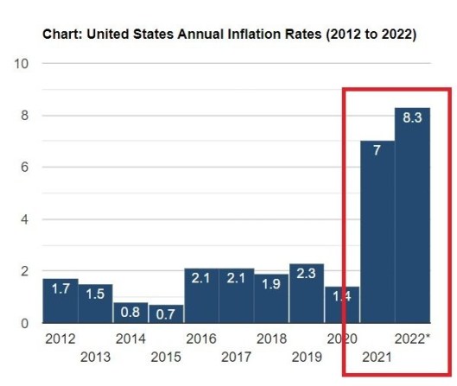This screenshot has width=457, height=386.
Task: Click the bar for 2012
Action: click(60, 301)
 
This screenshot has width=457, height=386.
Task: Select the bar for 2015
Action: click(166, 313)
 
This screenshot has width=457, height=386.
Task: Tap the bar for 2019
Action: click(307, 294)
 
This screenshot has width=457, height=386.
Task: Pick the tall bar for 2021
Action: click(377, 231)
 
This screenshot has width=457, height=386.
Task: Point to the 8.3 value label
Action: click(412, 119)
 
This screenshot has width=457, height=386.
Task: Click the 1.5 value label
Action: click(95, 293)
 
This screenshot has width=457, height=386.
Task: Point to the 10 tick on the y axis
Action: click(22, 64)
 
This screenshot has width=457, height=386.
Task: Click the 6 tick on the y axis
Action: click(26, 168)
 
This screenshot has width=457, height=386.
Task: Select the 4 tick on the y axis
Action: click(26, 219)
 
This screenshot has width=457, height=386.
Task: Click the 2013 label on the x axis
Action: click(95, 357)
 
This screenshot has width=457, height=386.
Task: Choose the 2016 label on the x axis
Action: click(200, 339)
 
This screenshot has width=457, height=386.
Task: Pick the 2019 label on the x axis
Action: click(307, 357)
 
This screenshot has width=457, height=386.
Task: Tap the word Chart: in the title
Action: click(62, 35)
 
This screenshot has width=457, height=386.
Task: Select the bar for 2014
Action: click(130, 313)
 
